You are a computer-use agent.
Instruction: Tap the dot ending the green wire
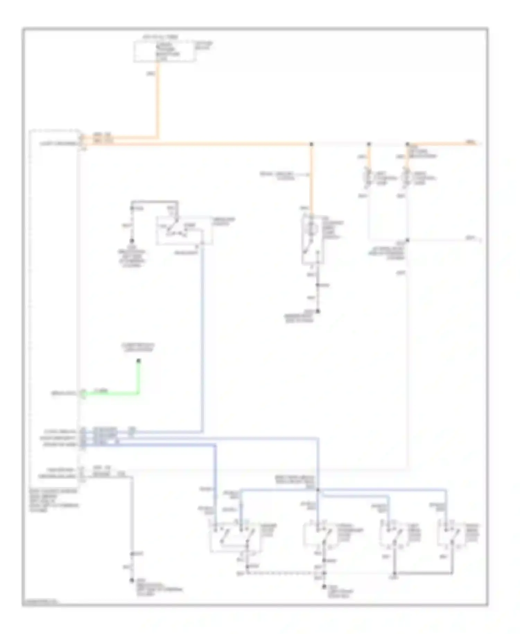tap(139, 361)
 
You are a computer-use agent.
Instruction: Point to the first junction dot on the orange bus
tap(311, 144)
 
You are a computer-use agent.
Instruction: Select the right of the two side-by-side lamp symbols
tap(407, 178)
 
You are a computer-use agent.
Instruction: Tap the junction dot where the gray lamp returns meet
tap(407, 240)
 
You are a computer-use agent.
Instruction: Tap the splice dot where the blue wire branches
tap(318, 490)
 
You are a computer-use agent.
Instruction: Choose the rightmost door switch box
tap(450, 534)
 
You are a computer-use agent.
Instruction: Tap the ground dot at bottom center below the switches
tap(324, 586)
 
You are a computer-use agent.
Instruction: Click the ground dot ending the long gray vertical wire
tap(132, 580)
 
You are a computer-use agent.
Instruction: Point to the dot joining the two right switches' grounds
tap(395, 573)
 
